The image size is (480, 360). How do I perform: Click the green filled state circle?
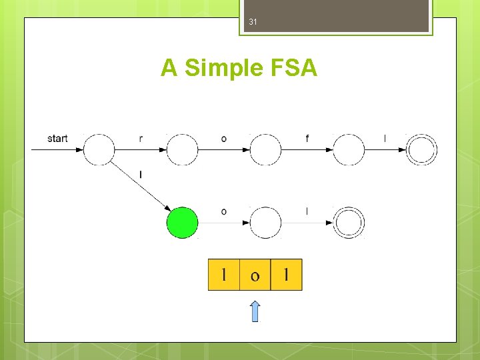pos(183,223)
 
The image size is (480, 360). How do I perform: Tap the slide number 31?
pos(253,22)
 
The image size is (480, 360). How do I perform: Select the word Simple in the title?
pos(217,68)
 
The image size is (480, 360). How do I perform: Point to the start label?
pos(57,139)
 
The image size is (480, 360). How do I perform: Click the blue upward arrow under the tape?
pos(255,311)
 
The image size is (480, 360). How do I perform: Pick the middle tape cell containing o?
pos(255,275)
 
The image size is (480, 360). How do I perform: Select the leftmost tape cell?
pos(224,275)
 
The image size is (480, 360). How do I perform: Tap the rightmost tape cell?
pos(287,275)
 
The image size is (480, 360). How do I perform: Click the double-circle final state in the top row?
pos(422,150)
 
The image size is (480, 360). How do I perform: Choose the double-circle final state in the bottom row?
pos(348,223)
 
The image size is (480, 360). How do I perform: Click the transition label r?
pos(141,139)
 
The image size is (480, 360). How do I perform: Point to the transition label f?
pos(307,139)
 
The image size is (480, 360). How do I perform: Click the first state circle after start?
pos(99,150)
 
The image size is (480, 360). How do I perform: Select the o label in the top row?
pos(223,139)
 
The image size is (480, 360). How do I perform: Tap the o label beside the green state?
pos(223,212)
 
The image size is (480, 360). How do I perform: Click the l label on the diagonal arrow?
pos(141,175)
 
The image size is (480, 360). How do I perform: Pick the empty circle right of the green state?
pos(266,223)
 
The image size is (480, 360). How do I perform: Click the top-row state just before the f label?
pos(266,150)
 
